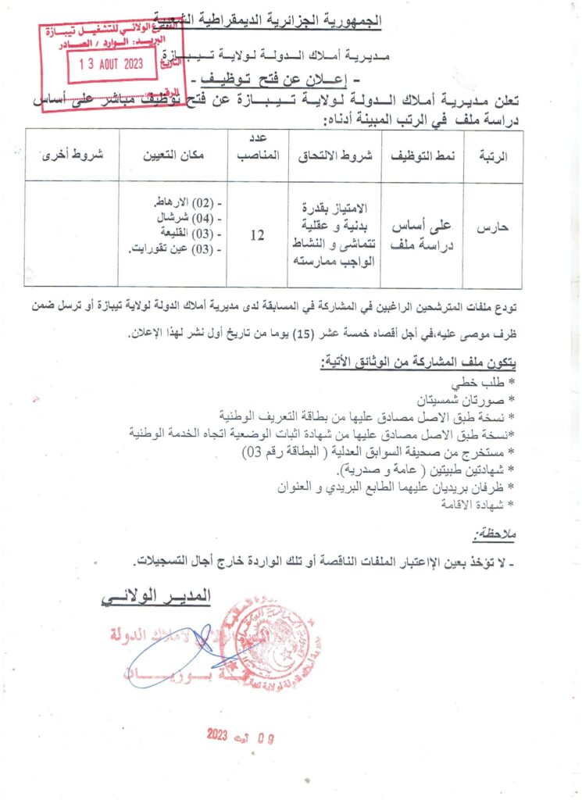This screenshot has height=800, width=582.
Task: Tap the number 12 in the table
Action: [x=257, y=233]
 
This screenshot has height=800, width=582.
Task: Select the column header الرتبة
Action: [x=492, y=155]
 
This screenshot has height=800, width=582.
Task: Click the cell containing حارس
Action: [x=493, y=227]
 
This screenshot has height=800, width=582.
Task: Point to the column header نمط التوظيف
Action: [x=422, y=155]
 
